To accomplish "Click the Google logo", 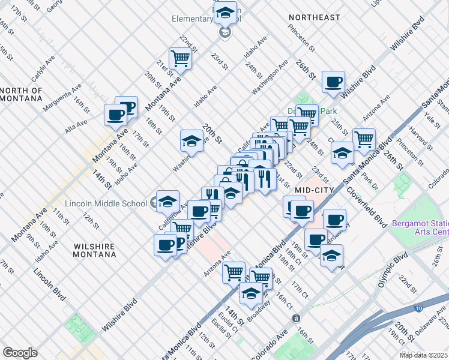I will (20, 352).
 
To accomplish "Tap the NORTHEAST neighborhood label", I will (314, 17).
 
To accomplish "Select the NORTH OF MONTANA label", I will (22, 95).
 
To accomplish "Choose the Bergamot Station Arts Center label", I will (420, 227).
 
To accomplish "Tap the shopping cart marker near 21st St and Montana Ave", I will (179, 58).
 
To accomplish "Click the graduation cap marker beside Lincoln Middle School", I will (167, 200).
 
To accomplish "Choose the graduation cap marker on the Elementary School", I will (225, 12).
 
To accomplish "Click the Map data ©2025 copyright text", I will (423, 355).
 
